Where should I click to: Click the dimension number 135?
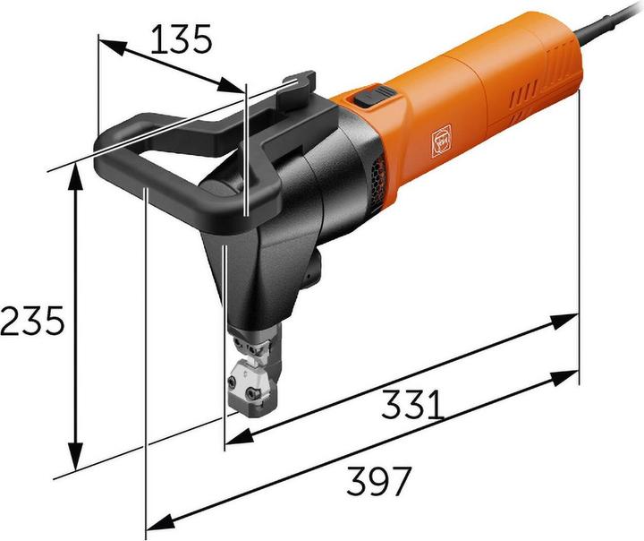pyautogui.click(x=181, y=39)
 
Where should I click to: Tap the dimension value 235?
pyautogui.click(x=32, y=320)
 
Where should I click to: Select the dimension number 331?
pyautogui.click(x=412, y=405)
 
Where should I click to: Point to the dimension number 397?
pyautogui.click(x=378, y=480)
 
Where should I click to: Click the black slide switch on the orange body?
pyautogui.click(x=373, y=96)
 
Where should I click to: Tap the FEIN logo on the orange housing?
pyautogui.click(x=440, y=141)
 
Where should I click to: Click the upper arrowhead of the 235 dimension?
pyautogui.click(x=74, y=178)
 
